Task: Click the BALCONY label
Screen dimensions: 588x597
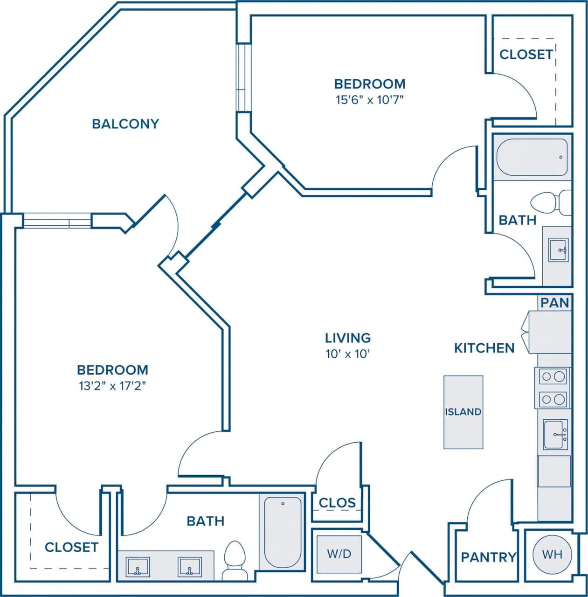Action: (125, 124)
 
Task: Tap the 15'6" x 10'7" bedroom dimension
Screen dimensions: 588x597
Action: (369, 100)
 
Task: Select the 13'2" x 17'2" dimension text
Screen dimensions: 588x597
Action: (112, 386)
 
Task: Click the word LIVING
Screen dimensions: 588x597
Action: (348, 338)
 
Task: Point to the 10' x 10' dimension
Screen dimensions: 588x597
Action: (348, 354)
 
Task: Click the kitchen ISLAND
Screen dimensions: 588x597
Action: (463, 412)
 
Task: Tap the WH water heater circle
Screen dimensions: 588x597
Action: (552, 554)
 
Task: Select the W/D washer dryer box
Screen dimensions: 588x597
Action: (339, 554)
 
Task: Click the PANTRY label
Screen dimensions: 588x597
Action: (488, 557)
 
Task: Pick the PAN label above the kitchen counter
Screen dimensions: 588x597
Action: (555, 303)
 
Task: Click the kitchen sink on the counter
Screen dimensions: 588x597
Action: (555, 434)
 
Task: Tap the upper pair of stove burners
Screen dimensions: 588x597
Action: (553, 376)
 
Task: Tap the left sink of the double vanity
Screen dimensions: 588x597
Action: (138, 567)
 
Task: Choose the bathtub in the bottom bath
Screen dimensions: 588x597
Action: (283, 531)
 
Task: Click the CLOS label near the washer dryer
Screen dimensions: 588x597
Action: (337, 503)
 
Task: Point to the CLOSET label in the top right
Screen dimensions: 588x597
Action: (526, 55)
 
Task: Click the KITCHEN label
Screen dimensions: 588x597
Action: (484, 348)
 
